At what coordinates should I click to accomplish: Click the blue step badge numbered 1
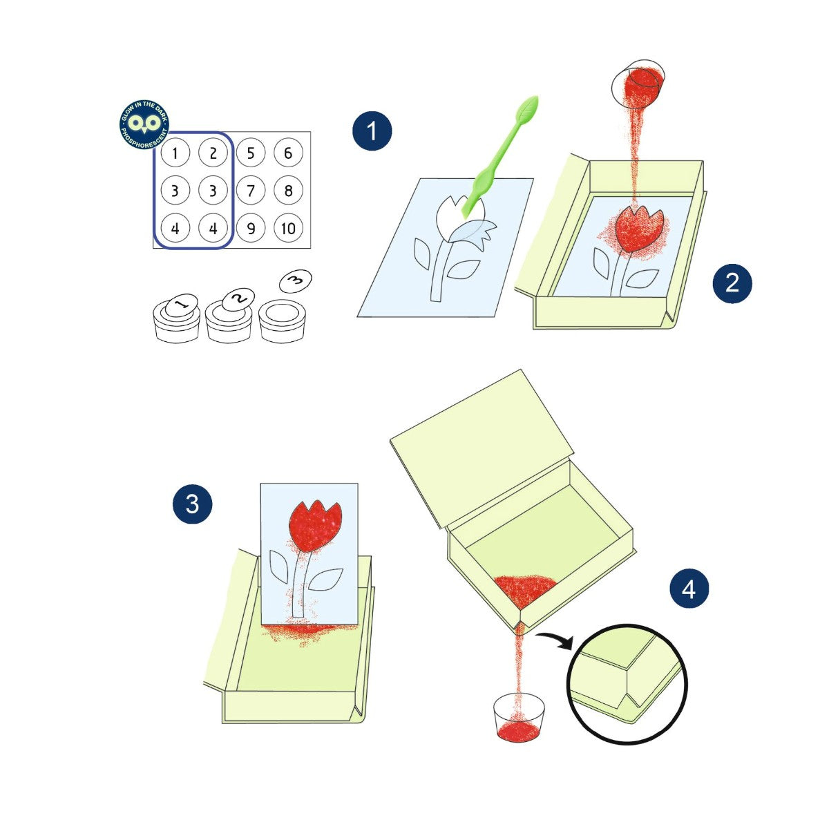coord(372,131)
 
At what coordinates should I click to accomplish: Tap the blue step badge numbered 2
coord(732,283)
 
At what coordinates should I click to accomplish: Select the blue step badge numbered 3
coord(192,504)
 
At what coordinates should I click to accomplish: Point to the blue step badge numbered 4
coord(689,589)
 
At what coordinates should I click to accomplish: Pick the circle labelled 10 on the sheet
coord(288,228)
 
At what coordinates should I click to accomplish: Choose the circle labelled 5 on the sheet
coord(251,153)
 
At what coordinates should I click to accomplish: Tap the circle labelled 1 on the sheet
coord(175,153)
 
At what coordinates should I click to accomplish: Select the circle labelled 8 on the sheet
coord(288,190)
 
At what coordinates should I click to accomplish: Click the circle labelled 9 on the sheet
coord(251,228)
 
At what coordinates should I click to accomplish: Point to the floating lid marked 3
coord(296,281)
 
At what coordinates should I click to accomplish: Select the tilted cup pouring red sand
coord(638,84)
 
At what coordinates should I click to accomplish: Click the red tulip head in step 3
coord(315,526)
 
